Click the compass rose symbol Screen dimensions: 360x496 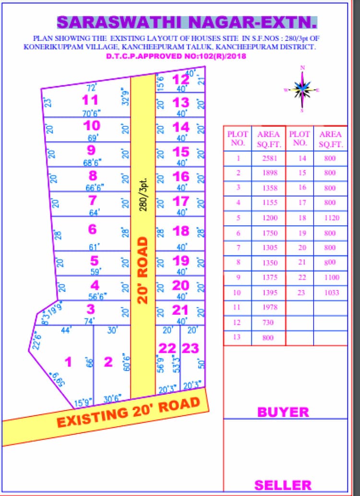[x=302, y=89]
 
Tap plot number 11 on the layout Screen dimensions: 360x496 [x=90, y=100]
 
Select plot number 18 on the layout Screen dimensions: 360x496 [x=181, y=231]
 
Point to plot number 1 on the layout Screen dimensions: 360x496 [x=68, y=362]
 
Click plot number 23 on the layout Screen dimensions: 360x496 [x=190, y=348]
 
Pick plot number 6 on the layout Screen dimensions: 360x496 [x=92, y=229]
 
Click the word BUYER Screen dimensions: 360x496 [x=283, y=412]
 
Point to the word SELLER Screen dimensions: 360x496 [x=283, y=484]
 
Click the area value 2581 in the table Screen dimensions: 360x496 [x=268, y=158]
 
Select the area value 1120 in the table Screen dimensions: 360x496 [x=330, y=218]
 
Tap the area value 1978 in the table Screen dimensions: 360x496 [x=268, y=307]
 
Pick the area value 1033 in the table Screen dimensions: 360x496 [x=330, y=292]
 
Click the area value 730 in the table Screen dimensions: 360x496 [x=268, y=322]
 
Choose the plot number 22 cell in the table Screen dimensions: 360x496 [x=300, y=277]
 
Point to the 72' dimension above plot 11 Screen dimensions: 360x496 [x=91, y=87]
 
